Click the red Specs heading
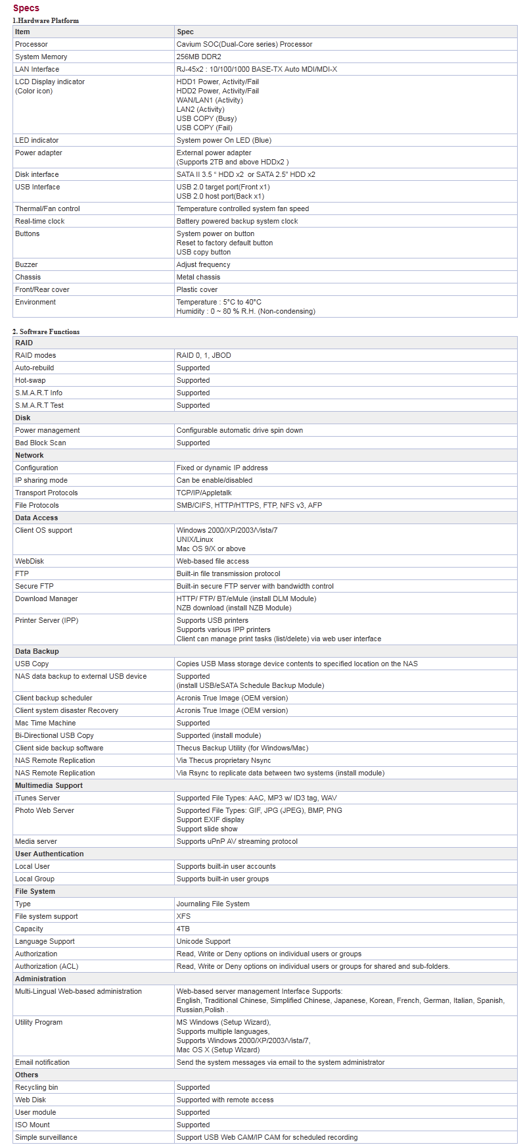click(26, 8)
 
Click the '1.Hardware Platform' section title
click(45, 20)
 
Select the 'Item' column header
click(22, 32)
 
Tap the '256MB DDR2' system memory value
click(198, 57)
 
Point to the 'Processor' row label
click(32, 44)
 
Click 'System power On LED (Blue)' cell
click(223, 140)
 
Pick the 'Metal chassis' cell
click(198, 277)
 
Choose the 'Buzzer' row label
click(26, 264)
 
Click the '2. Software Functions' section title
click(46, 331)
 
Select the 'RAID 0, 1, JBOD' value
click(204, 355)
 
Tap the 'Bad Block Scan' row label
click(41, 443)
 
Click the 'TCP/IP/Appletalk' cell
click(204, 493)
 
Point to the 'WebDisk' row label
click(30, 561)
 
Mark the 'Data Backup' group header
click(37, 651)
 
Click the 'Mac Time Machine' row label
click(45, 723)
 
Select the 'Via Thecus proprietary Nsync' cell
click(223, 760)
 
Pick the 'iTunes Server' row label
click(37, 798)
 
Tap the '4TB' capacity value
click(183, 929)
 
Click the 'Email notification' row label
click(42, 1062)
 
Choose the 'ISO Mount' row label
click(32, 1125)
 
